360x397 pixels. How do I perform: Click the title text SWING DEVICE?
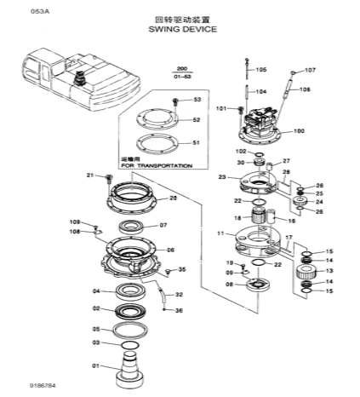coord(182,29)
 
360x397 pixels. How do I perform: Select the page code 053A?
coord(16,11)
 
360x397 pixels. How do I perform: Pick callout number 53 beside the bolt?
coord(197,101)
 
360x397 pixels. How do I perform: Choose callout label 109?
coord(75,222)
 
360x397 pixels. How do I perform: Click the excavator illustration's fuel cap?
coord(82,78)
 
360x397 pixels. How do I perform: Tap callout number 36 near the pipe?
coord(179,310)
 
